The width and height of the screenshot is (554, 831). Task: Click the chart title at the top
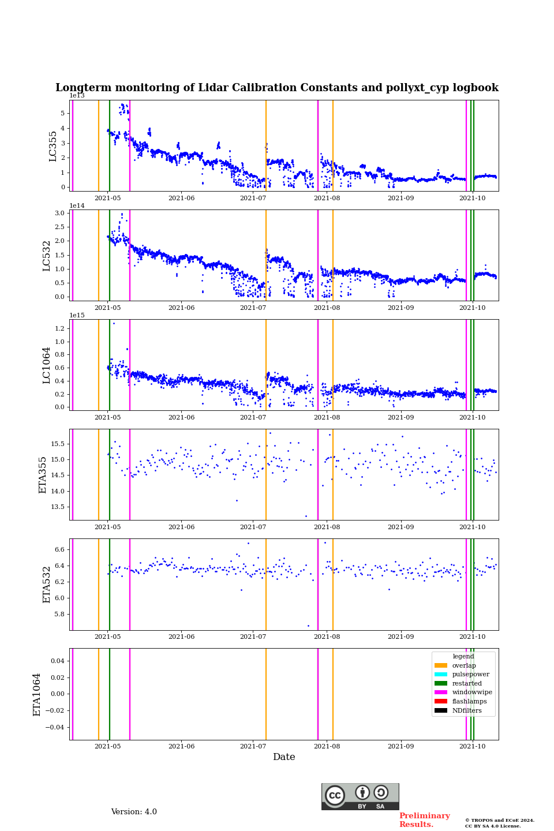tap(276, 88)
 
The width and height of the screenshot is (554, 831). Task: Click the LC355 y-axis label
tap(53, 146)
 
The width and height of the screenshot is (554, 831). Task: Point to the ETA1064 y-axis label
tap(37, 694)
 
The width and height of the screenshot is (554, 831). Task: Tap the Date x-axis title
tap(284, 757)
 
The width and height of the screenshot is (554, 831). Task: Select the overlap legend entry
tap(463, 665)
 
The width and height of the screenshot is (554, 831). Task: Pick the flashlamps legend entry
tap(469, 702)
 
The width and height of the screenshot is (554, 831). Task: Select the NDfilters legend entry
tap(466, 710)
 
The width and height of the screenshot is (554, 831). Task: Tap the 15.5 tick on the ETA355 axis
tap(58, 444)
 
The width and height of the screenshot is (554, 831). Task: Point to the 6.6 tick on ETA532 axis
tap(60, 549)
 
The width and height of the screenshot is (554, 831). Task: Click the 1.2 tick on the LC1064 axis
tap(60, 328)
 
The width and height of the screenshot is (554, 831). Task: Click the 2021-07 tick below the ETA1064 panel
tap(253, 746)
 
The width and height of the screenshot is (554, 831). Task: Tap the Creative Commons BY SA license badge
tap(360, 796)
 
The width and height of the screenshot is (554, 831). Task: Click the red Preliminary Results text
tap(424, 820)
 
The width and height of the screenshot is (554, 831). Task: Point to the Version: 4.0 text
tap(134, 812)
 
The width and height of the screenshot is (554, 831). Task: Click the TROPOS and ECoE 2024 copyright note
tap(500, 823)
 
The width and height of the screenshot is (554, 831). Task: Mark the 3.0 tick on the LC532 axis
tap(60, 213)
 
